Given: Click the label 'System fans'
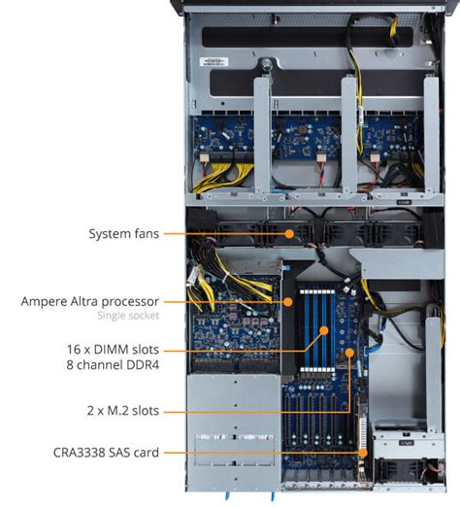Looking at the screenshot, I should coord(123,234).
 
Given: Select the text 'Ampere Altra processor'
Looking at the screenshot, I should coord(89,301).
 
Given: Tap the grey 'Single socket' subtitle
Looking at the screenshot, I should coord(127,317).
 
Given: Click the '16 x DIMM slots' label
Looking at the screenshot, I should coord(111,349).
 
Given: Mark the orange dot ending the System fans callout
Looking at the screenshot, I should coord(288,234).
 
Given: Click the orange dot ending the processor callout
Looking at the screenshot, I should coord(288,301).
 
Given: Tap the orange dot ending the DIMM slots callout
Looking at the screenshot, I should coord(323,330).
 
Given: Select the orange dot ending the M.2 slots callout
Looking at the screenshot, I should coord(350,355).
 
